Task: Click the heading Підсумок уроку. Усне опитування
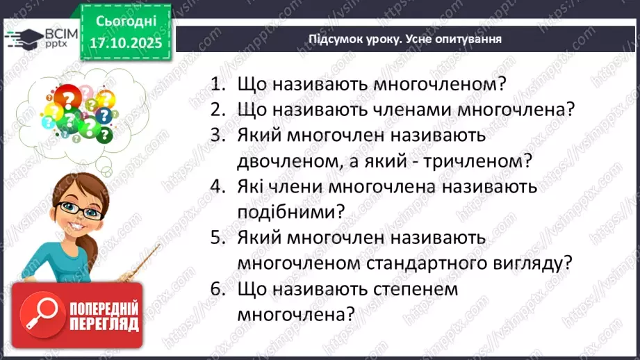coord(405,39)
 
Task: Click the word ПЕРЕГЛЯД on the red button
coord(105,324)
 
